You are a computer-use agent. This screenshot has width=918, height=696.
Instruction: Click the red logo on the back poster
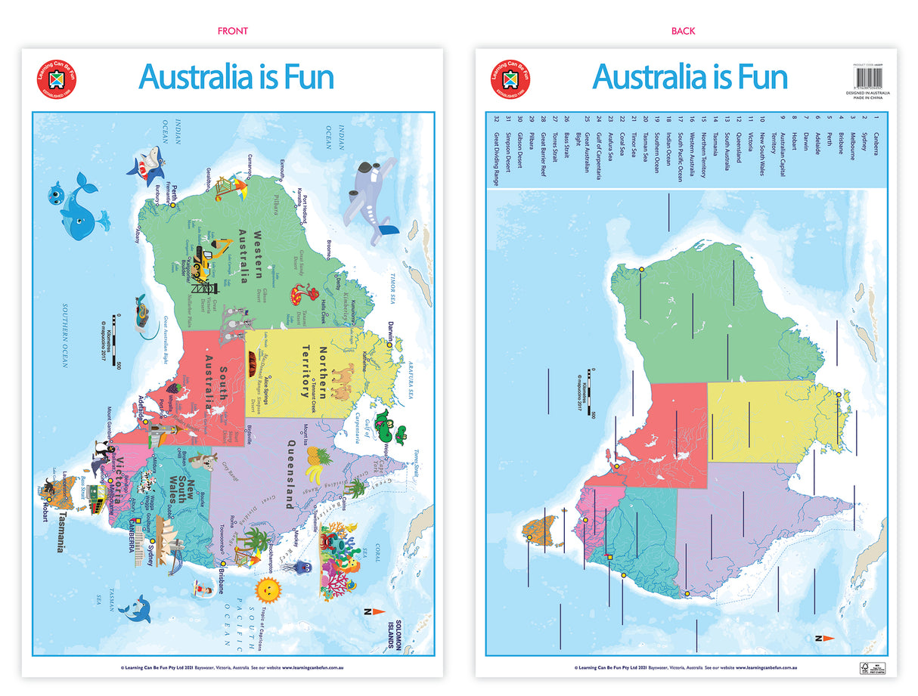tap(510, 79)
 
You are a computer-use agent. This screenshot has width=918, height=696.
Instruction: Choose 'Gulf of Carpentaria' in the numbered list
tap(597, 156)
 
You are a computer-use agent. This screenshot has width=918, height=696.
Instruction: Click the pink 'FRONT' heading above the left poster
tap(232, 31)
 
